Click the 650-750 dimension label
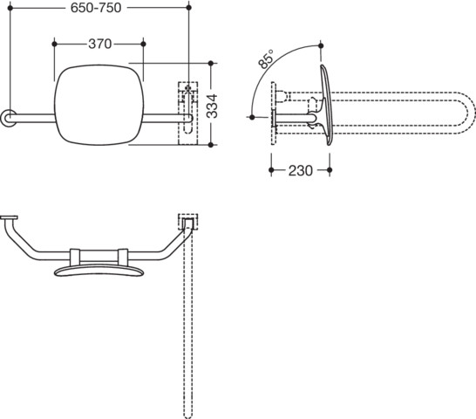(96, 8)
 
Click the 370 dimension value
(100, 45)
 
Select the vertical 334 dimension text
(212, 106)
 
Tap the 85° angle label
(266, 59)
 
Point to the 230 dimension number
(300, 170)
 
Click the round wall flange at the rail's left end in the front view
(8, 118)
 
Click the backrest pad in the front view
(99, 105)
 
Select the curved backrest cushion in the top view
(99, 270)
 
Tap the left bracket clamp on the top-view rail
(75, 257)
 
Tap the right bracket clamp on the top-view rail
(123, 257)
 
